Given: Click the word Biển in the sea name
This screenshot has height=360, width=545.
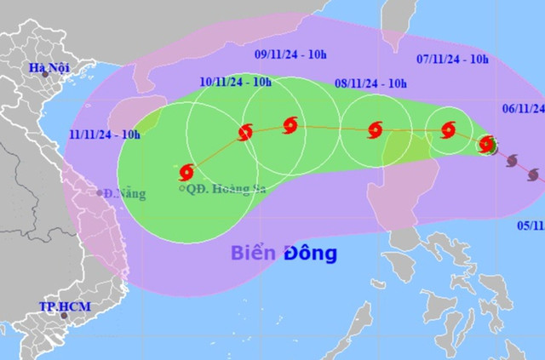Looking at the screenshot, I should click(x=255, y=253).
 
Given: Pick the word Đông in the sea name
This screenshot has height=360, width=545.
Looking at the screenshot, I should click(x=311, y=253).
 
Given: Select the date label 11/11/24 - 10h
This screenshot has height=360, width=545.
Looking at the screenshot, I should click(x=105, y=134).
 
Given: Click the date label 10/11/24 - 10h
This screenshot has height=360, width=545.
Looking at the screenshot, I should click(x=236, y=83).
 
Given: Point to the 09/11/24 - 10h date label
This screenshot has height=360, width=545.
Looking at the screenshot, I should click(x=292, y=54).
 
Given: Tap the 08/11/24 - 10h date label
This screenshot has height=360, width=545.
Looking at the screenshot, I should click(x=371, y=83).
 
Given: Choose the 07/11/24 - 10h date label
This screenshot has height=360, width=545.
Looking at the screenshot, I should click(x=452, y=60).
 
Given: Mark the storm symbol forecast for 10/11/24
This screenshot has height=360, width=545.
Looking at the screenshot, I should click(x=246, y=132).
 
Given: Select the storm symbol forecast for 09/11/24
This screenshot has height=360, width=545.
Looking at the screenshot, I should click(x=290, y=127).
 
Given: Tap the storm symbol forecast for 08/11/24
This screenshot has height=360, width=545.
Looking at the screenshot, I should click(x=375, y=130).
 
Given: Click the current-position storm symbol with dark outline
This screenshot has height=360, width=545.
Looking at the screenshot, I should click(x=488, y=144).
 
